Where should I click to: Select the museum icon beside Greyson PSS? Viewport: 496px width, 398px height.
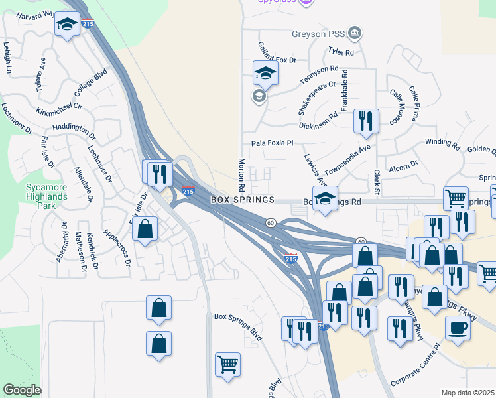click(355, 33)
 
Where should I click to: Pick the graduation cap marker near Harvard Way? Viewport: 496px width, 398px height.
click(66, 25)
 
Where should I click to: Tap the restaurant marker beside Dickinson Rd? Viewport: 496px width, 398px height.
click(366, 121)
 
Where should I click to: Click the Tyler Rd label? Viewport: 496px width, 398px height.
click(341, 52)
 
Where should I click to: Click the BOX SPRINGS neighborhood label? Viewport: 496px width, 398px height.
click(243, 200)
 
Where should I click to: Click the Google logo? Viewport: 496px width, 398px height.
click(22, 390)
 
